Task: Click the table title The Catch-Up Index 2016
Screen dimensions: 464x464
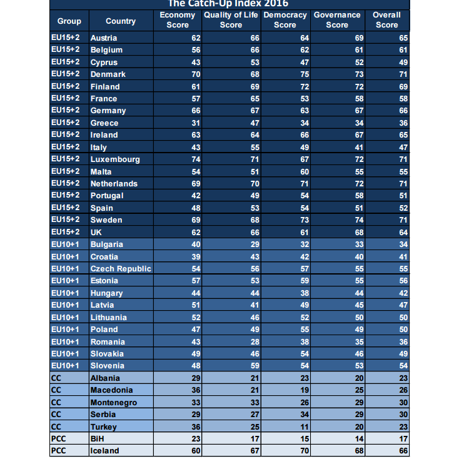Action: tap(228, 4)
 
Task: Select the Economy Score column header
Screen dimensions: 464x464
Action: tap(178, 20)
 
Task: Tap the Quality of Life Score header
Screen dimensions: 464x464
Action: tap(231, 20)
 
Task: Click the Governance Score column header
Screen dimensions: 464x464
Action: tap(337, 20)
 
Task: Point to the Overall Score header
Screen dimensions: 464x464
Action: tap(386, 20)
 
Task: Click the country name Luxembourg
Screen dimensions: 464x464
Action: tap(115, 159)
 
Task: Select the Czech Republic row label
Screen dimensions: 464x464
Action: tap(121, 269)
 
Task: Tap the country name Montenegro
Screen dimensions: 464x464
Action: tap(114, 403)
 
